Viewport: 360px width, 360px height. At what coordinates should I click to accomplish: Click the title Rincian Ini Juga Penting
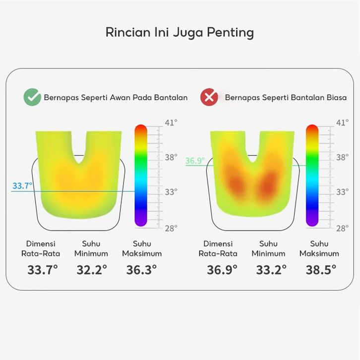coord(180,33)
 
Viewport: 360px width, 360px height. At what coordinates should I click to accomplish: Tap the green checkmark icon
coord(32,97)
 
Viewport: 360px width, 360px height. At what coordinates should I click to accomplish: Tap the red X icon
coord(209,97)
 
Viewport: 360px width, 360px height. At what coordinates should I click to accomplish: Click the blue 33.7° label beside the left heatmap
coord(22,186)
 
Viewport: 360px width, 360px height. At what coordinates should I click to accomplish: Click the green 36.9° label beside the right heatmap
coord(195,161)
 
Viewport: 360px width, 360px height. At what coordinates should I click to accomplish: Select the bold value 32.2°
coord(92,270)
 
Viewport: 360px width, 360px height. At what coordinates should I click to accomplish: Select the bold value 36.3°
coord(141,270)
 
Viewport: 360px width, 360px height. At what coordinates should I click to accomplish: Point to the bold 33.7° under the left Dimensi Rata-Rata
coord(42,270)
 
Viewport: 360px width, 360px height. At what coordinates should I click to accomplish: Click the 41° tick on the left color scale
coord(171,122)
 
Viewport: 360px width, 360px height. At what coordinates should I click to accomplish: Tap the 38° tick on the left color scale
coord(171,157)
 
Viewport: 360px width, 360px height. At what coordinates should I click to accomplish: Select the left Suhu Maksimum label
coord(142,248)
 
